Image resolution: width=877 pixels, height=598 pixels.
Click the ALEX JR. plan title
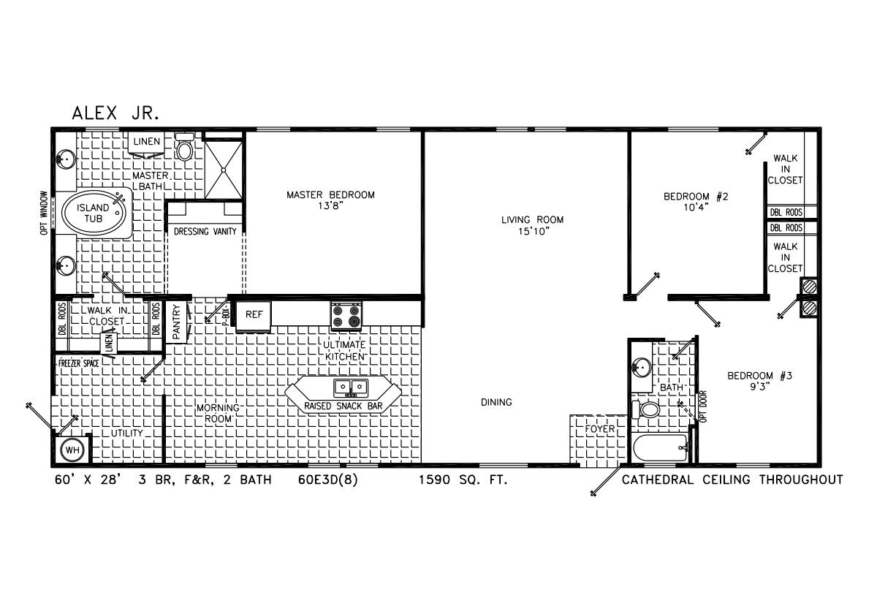point(116,113)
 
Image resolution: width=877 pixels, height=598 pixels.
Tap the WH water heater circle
point(72,450)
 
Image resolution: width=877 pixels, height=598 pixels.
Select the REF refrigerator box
point(254,315)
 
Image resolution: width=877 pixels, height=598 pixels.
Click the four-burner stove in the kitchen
point(346,316)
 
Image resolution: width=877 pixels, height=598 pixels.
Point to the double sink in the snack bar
point(351,387)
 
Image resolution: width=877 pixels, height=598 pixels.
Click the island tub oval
point(94,213)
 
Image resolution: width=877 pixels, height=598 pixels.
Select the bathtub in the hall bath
point(661,448)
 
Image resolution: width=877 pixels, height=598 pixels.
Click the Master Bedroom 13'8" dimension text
point(330,206)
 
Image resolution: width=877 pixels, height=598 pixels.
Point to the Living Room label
point(533,220)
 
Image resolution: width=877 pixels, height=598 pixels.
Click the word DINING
point(496,402)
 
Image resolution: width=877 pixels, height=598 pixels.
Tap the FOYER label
point(599,429)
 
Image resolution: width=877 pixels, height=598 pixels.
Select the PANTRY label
point(176,322)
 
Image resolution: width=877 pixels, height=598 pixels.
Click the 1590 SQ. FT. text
point(463,480)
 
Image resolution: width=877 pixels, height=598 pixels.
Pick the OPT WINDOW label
point(43,213)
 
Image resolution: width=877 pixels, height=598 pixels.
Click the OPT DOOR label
point(703,406)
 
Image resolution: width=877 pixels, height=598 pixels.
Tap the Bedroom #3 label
point(759,376)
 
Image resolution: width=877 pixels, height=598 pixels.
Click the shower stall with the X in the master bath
point(224,170)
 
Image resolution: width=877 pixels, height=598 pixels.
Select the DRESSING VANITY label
point(205,232)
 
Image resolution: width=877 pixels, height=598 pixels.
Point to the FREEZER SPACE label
point(79,363)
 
